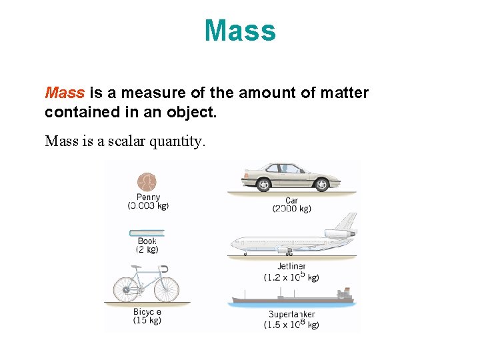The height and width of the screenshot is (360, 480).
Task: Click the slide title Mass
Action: pos(240,31)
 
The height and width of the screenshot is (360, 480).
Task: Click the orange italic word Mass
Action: pos(65,93)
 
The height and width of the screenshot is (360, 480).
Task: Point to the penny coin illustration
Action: pos(147,182)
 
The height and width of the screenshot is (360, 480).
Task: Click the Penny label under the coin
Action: pos(148,197)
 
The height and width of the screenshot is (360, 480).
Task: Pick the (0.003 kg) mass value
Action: pos(148,205)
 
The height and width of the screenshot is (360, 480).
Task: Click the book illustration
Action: pos(147,233)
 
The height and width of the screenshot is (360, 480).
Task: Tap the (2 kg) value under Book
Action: pos(147,249)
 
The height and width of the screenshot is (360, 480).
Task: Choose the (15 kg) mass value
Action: pos(147,321)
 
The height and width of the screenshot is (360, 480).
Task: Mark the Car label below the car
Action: pos(291,200)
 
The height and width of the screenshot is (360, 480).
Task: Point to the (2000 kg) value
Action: pos(291,209)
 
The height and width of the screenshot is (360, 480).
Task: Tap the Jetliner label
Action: pos(291,267)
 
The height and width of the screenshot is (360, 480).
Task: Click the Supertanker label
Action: pos(291,314)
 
